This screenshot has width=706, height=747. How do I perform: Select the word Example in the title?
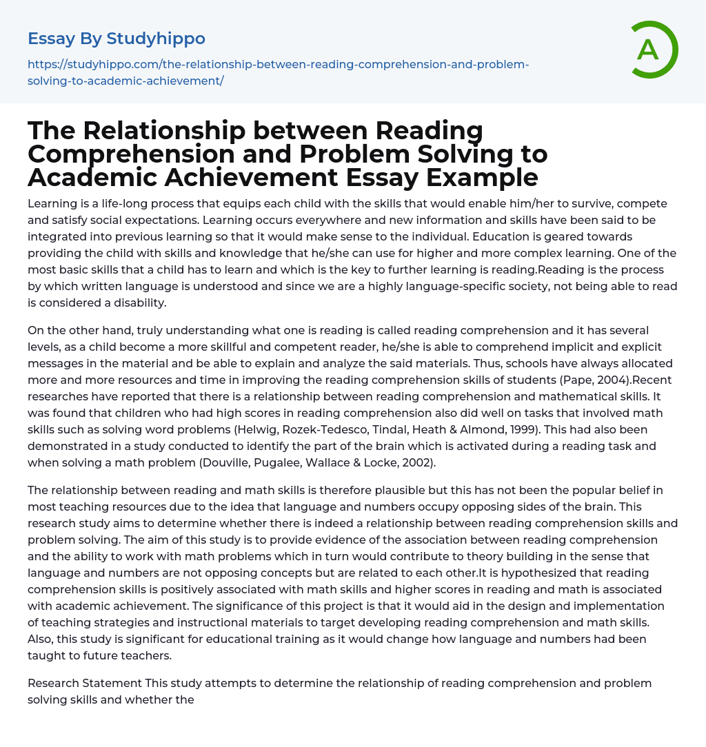tap(482, 177)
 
